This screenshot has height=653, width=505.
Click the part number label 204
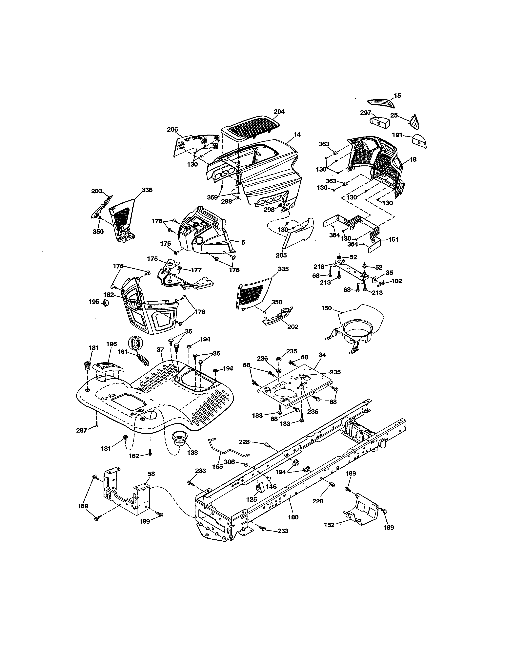coord(279,112)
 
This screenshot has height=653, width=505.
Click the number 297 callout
coord(366,113)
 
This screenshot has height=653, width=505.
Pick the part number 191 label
coord(397,135)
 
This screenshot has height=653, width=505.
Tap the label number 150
coord(326,308)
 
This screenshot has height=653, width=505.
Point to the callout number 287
coord(81,430)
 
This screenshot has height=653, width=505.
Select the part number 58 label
coord(151,474)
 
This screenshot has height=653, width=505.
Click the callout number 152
coord(329,525)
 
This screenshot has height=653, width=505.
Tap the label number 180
coord(293,517)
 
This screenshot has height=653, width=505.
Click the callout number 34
coord(322,355)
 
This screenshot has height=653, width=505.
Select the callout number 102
coord(396,281)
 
